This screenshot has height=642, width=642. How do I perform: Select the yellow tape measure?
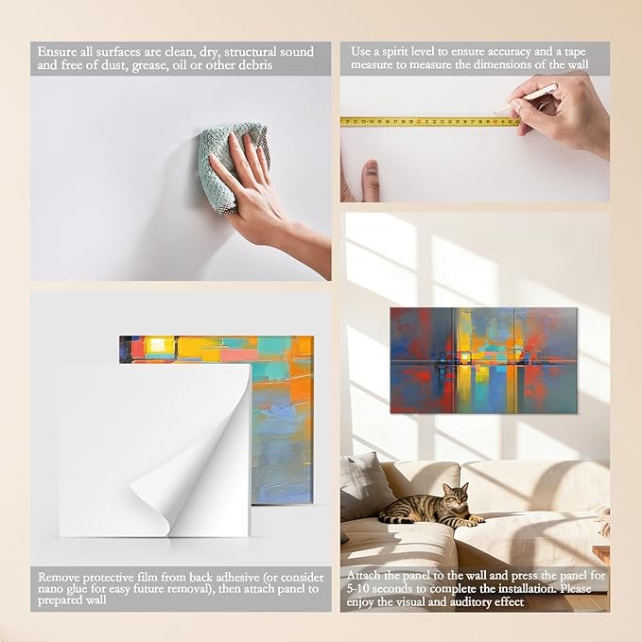[430, 121]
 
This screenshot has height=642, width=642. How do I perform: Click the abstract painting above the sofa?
[483, 360]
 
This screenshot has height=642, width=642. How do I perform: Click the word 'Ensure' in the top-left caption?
[57, 52]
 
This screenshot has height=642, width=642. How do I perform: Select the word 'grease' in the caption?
[150, 66]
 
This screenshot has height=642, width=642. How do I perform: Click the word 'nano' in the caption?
[50, 589]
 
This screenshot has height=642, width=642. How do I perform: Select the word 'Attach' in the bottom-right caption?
[364, 575]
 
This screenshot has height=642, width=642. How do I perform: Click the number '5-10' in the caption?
[357, 589]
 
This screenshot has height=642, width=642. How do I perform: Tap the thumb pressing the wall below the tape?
[371, 181]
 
